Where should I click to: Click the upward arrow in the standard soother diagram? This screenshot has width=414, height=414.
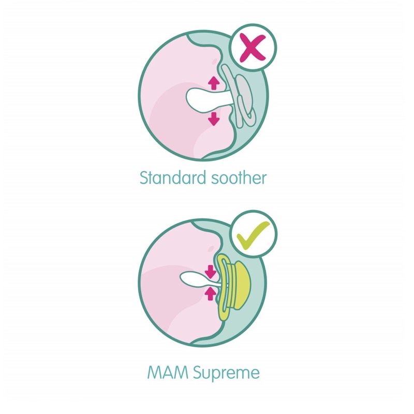[213, 83]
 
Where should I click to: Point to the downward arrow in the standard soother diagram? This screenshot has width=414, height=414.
[213, 119]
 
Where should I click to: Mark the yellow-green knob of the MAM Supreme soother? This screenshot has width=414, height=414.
[244, 282]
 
